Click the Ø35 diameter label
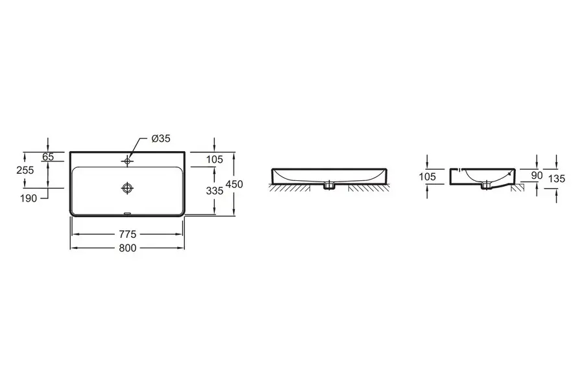[x=161, y=139]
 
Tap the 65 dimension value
[x=48, y=157]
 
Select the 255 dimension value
[x=25, y=170]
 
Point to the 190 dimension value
[x=29, y=198]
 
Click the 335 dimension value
[x=215, y=191]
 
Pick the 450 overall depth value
[x=234, y=184]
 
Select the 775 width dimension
[x=128, y=234]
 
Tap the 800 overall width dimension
[x=128, y=248]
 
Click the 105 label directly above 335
[x=215, y=159]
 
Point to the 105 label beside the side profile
[x=427, y=176]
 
